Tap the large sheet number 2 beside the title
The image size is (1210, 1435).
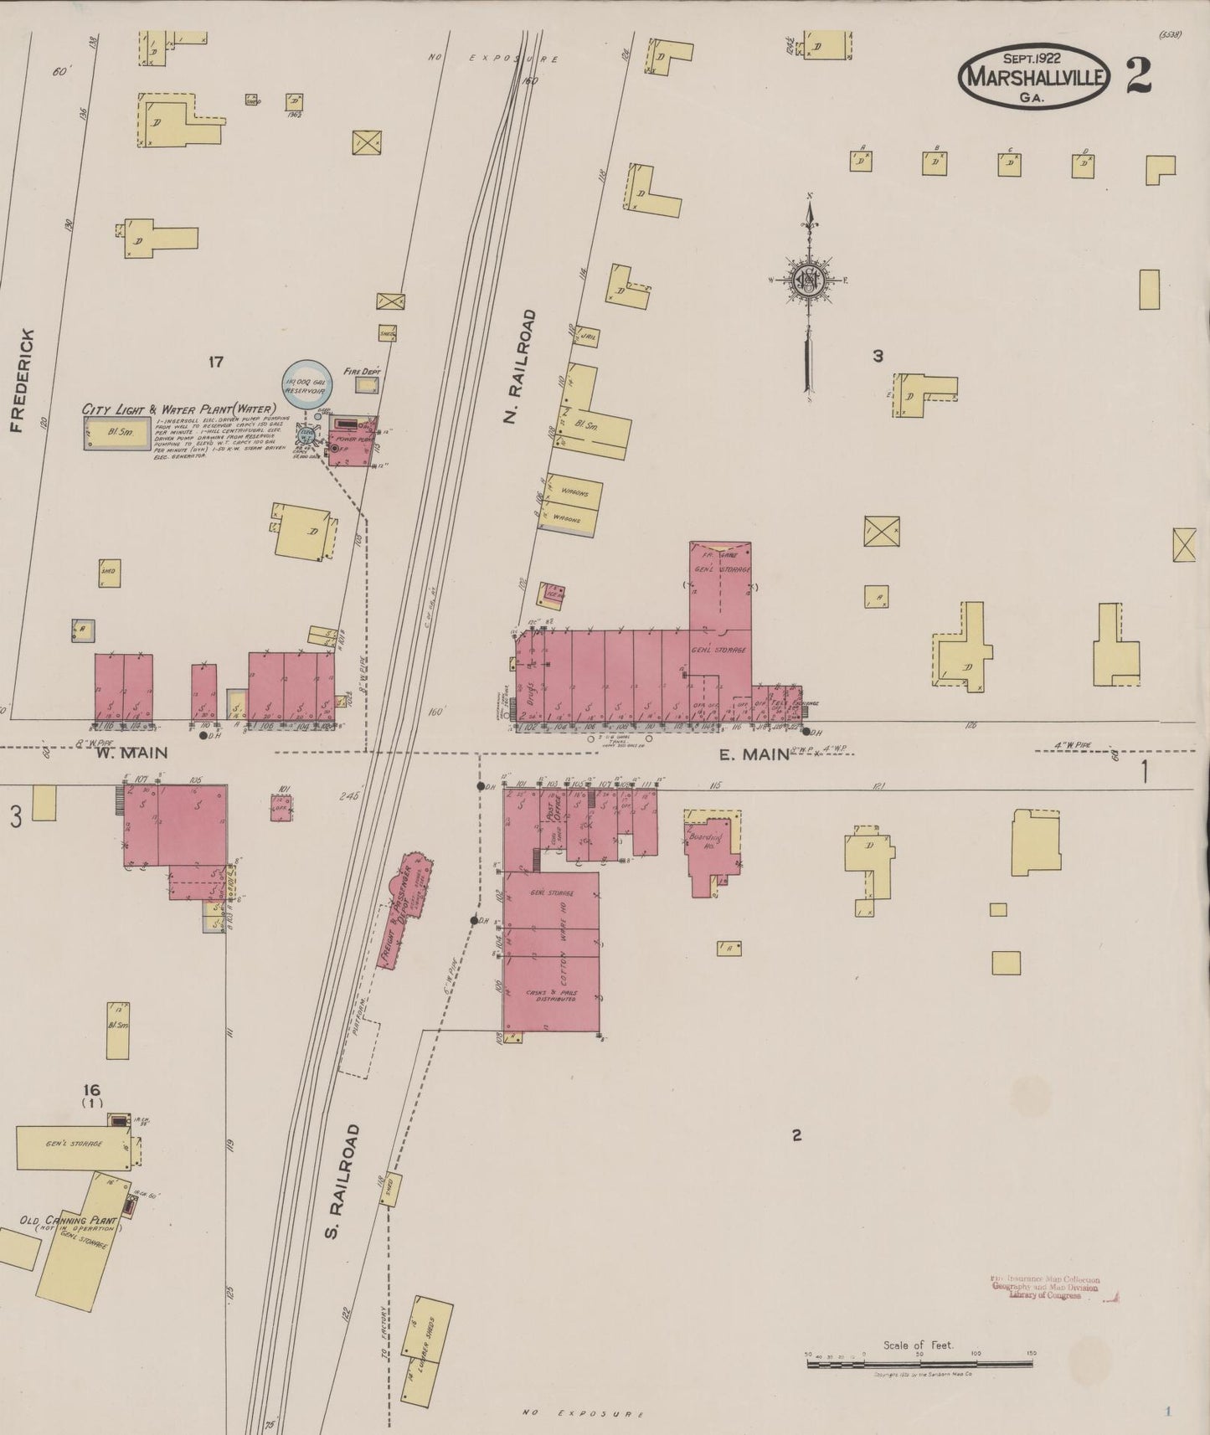click(1138, 76)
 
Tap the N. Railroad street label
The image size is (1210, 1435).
click(521, 366)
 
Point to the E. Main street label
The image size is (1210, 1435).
click(754, 754)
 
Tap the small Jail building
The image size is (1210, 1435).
click(588, 335)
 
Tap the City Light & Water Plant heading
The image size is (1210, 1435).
click(179, 409)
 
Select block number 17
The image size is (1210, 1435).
click(216, 362)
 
